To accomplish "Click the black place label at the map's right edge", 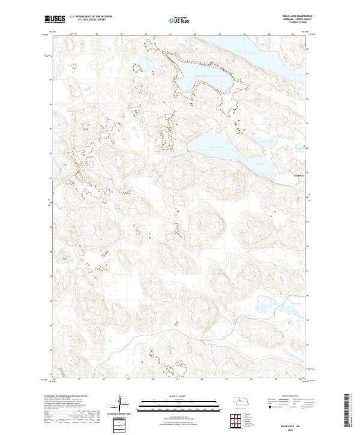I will click(299, 175).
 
